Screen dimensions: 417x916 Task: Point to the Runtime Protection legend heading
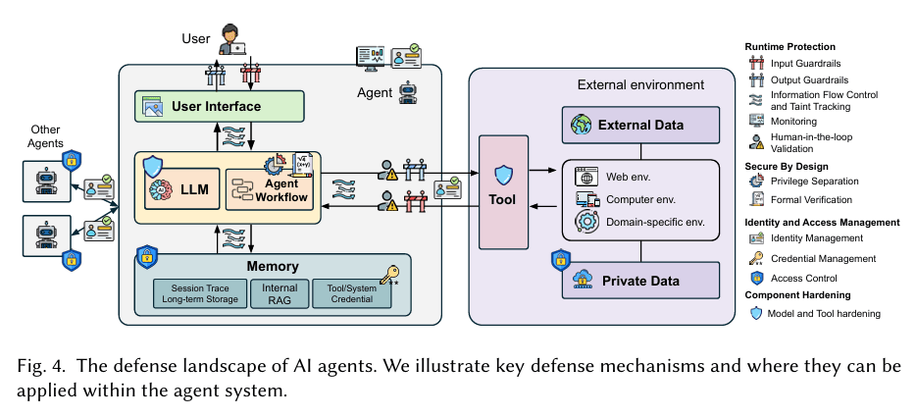790,46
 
